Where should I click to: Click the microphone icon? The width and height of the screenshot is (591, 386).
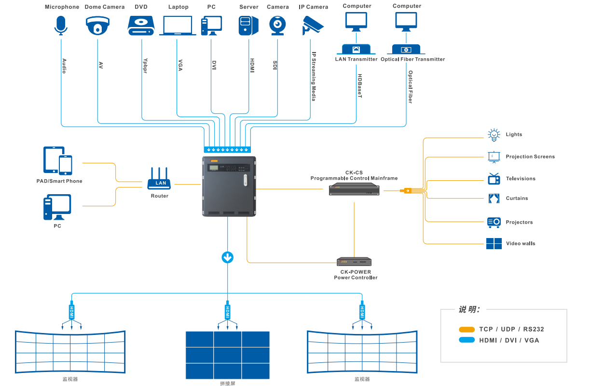[x=61, y=25]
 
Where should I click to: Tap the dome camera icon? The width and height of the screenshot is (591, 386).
[x=98, y=26]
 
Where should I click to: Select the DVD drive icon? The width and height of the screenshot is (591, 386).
[x=141, y=26]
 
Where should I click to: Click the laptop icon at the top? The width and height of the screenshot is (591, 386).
[x=178, y=26]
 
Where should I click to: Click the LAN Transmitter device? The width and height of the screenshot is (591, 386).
[x=356, y=49]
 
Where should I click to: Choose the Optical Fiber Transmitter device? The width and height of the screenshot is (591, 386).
[x=406, y=49]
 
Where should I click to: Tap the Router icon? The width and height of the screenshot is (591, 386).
[x=161, y=179]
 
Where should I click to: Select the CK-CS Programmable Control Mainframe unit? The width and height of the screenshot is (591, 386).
[x=354, y=189]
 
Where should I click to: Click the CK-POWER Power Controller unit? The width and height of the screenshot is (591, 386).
[x=354, y=262]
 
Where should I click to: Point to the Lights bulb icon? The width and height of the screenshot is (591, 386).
[x=493, y=134]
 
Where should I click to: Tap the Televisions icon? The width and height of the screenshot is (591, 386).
[x=494, y=179]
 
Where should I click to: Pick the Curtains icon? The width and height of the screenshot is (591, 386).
[x=494, y=198]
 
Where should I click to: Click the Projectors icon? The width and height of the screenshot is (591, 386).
[x=494, y=222]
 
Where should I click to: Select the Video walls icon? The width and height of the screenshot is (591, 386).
[x=494, y=243]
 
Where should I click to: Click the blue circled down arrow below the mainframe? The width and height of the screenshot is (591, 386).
[x=227, y=257]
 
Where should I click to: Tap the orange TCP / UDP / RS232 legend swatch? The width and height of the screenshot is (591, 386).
[x=467, y=330]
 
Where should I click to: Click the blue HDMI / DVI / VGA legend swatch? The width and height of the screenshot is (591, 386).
[x=467, y=340]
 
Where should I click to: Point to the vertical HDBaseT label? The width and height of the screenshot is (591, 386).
[x=360, y=86]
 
